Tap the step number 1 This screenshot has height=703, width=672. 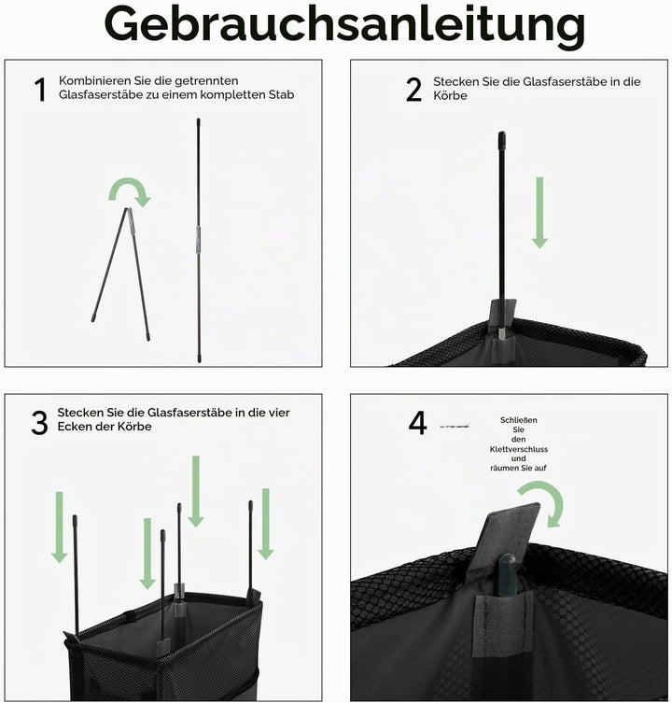click(x=40, y=90)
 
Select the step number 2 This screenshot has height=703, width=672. click(x=413, y=90)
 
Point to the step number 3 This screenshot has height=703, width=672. click(x=39, y=423)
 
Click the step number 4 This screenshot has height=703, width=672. click(x=417, y=423)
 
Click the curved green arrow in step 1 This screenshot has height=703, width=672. click(x=130, y=185)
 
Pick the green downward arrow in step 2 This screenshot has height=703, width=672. click(x=539, y=213)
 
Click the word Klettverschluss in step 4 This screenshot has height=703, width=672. click(x=519, y=449)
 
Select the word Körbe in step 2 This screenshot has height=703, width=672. click(x=450, y=96)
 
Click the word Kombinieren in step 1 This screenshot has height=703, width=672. click(x=94, y=80)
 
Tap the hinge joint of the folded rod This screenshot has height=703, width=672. click(x=129, y=210)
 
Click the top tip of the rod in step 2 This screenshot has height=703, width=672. click(x=502, y=133)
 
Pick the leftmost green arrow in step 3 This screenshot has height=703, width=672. click(x=59, y=527)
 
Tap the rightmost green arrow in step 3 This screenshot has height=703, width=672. click(x=265, y=524)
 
